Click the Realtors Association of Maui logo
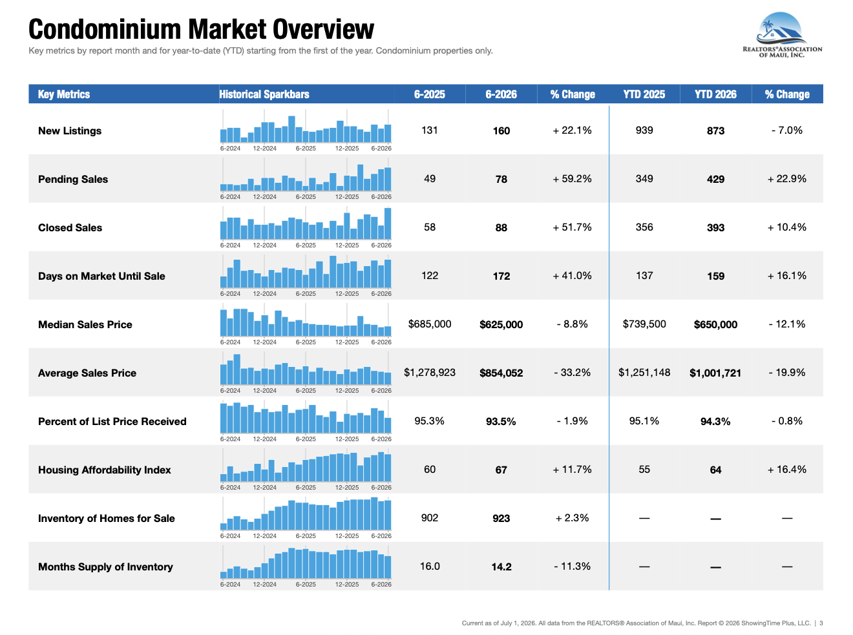tap(782, 35)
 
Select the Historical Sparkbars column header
tap(264, 94)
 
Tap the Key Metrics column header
tap(64, 94)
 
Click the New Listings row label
tap(70, 130)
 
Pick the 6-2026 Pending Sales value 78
tap(501, 179)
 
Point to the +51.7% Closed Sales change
tap(572, 227)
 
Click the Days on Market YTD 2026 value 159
tap(715, 276)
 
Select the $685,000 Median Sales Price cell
tap(430, 324)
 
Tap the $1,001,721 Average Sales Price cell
tap(715, 373)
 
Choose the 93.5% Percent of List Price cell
tap(501, 422)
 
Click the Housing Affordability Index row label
tap(104, 470)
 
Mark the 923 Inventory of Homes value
tap(501, 519)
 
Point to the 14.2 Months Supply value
tap(501, 567)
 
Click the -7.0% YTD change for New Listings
tap(786, 130)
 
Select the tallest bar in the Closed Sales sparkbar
tap(388, 224)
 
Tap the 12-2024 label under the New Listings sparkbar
tap(264, 149)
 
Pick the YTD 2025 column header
tap(644, 94)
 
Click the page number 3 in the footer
tap(821, 623)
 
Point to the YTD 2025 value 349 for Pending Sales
tap(644, 179)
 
